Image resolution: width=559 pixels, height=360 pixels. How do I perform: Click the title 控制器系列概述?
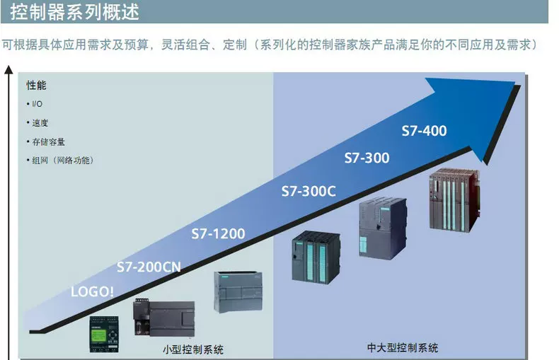click(x=74, y=12)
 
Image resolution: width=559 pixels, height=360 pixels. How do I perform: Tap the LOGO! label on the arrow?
click(x=92, y=291)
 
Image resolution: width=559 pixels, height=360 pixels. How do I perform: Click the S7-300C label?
click(x=309, y=191)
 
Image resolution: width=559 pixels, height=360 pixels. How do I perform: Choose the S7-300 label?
click(x=367, y=158)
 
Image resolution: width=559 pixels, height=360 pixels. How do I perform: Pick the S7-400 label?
click(x=424, y=131)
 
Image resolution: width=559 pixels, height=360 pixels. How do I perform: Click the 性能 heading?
click(x=36, y=86)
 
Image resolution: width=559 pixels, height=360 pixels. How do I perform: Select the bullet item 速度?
click(x=40, y=123)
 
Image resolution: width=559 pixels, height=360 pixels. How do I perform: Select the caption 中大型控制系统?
click(x=403, y=347)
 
